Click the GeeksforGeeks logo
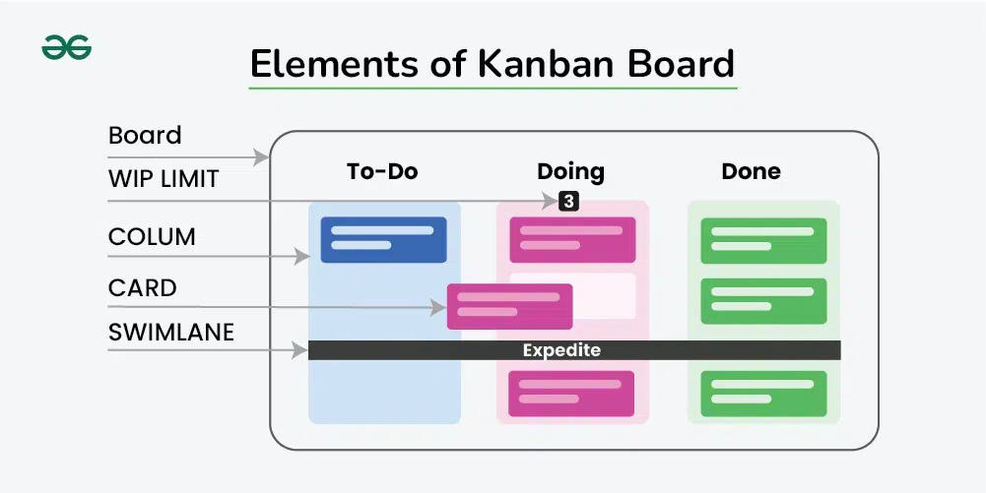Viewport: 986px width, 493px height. [x=67, y=46]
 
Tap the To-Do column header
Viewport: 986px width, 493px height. [x=382, y=171]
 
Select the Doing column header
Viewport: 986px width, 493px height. [x=570, y=171]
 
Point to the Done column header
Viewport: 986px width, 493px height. [x=751, y=171]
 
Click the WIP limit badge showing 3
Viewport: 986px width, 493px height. [x=568, y=201]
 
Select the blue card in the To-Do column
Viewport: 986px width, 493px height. [x=383, y=239]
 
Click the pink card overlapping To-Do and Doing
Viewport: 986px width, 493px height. [x=509, y=306]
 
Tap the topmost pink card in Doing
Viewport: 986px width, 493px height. [x=572, y=239]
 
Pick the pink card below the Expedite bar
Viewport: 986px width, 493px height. [x=572, y=394]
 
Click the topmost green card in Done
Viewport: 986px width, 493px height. [x=762, y=240]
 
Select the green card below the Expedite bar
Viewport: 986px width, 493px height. [x=762, y=394]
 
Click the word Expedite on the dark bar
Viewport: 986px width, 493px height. [x=561, y=350]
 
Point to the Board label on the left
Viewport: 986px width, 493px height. [x=145, y=135]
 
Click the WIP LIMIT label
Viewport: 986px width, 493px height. [x=164, y=180]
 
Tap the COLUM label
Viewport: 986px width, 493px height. [x=152, y=237]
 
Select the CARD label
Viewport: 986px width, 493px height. [x=143, y=288]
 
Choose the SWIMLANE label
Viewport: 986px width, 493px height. [x=171, y=333]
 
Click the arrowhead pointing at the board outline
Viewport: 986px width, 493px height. [x=262, y=156]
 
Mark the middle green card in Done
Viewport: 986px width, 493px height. [x=762, y=301]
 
